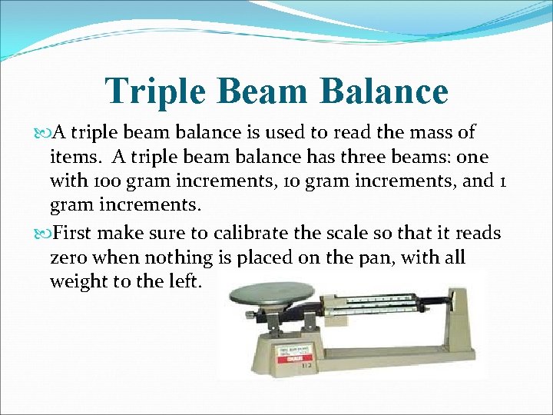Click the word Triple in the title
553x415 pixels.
coord(155,91)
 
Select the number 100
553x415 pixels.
coord(99,182)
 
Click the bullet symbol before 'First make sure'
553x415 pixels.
coord(40,233)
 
